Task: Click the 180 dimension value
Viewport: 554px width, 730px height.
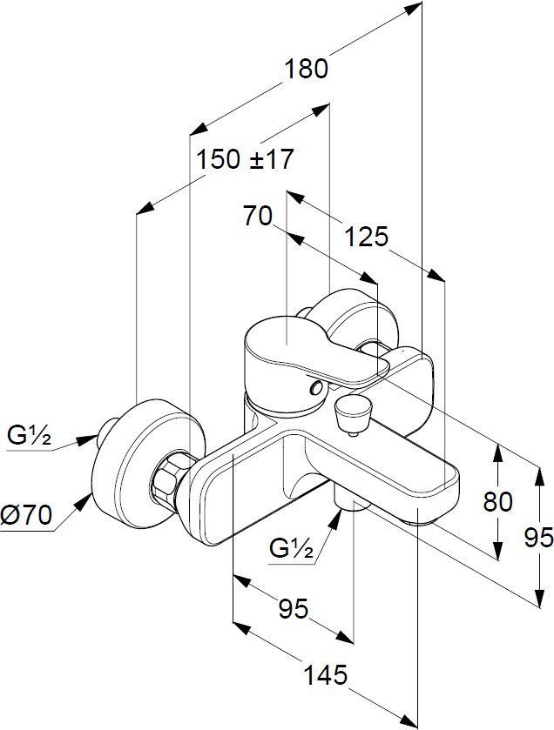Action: click(306, 69)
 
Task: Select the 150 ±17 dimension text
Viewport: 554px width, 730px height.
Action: click(245, 159)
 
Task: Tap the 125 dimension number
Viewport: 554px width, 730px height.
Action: click(366, 237)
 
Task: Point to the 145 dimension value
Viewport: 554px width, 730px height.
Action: click(326, 675)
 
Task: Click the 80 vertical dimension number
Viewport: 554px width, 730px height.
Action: click(497, 501)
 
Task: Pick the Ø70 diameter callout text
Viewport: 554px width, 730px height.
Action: click(26, 515)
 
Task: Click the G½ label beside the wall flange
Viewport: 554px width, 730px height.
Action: click(29, 436)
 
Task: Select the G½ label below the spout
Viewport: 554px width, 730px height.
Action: click(291, 549)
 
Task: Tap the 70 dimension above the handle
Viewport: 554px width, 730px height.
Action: click(257, 217)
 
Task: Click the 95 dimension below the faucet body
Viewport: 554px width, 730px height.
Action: click(294, 608)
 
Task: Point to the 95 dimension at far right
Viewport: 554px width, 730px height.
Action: click(538, 537)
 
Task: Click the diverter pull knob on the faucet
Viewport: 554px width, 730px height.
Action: click(354, 412)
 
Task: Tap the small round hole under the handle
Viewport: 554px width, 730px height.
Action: click(317, 388)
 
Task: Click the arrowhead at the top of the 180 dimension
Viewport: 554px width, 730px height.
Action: click(413, 9)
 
